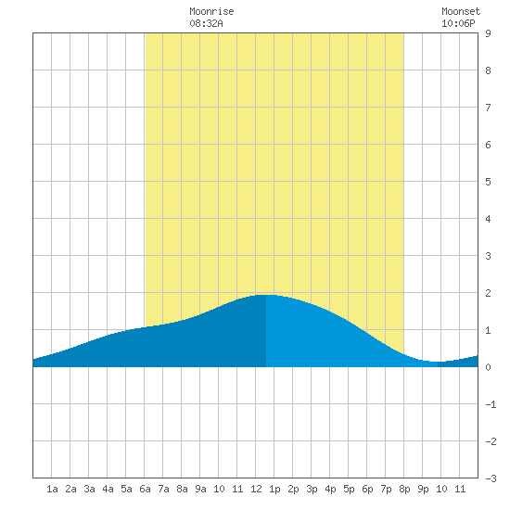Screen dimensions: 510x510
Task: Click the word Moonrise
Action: click(211, 11)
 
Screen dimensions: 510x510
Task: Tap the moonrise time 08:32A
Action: click(206, 23)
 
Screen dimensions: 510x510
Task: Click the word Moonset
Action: click(461, 11)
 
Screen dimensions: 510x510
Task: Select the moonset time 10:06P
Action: click(458, 23)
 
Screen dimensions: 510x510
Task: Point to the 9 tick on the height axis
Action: click(488, 33)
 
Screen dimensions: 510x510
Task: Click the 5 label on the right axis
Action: click(488, 182)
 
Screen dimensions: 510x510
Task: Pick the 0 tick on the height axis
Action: click(488, 367)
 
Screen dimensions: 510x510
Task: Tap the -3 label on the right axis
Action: click(491, 478)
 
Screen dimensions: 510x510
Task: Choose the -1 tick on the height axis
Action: click(491, 404)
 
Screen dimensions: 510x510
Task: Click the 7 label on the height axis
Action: click(488, 108)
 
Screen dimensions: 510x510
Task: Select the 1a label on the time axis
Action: click(52, 489)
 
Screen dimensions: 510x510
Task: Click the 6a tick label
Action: click(145, 489)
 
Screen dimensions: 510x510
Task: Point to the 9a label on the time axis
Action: click(200, 489)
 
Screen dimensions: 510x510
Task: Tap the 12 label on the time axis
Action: click(256, 489)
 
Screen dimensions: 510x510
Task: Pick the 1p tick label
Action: click(274, 489)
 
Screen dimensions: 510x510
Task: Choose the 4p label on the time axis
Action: click(330, 489)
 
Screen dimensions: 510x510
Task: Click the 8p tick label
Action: click(404, 489)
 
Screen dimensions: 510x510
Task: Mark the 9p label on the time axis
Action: click(423, 489)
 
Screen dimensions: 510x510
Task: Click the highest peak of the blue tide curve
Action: click(266, 295)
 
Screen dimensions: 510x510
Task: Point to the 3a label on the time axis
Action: click(89, 489)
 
